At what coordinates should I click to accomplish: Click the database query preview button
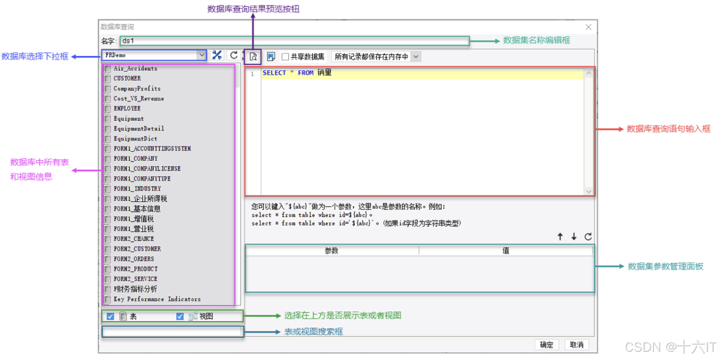coord(253,56)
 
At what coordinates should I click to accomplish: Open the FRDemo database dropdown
coord(201,55)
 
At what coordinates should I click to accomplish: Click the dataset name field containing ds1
coord(294,41)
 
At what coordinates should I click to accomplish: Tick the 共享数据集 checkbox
coord(285,57)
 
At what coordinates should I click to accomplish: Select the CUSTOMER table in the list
coord(127,79)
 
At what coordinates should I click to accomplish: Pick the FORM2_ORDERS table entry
coord(134,259)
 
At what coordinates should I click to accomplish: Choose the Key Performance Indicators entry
coord(157,299)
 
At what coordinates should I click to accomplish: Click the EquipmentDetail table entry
coord(139,129)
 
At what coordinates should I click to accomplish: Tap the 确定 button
coord(546,345)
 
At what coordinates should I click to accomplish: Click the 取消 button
coord(577,345)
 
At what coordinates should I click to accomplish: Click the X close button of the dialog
coord(588,27)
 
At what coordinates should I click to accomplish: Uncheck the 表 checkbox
coord(111,316)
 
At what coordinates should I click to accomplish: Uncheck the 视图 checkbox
coord(180,316)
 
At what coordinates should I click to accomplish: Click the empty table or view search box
coord(172,332)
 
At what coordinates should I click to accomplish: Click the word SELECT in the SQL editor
coord(274,73)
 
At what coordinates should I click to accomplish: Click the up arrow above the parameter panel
coord(560,236)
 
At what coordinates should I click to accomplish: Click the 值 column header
coord(506,251)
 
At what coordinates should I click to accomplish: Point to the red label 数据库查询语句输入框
coord(668,129)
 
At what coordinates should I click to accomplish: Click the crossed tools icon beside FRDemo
coord(217,55)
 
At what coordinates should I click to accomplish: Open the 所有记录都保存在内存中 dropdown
coord(416,57)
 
